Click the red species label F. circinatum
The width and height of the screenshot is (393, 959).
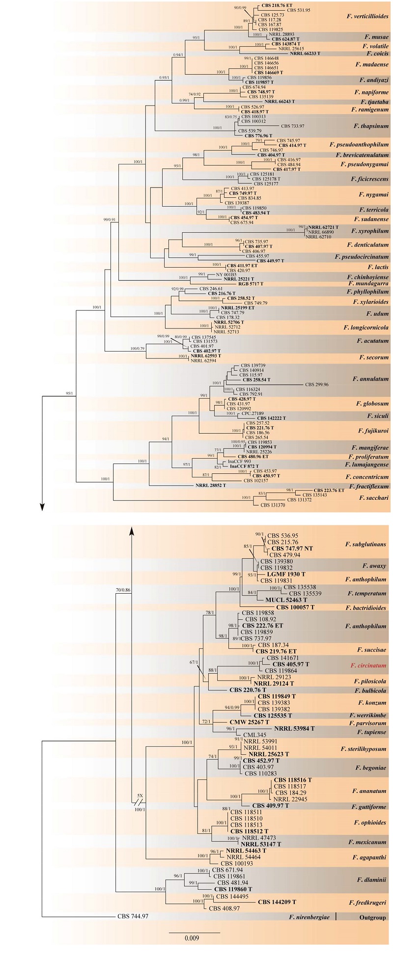(x=368, y=666)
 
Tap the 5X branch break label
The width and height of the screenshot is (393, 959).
(x=140, y=796)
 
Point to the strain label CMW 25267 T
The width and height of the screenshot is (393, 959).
(x=250, y=722)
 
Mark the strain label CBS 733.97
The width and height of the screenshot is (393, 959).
(x=292, y=126)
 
